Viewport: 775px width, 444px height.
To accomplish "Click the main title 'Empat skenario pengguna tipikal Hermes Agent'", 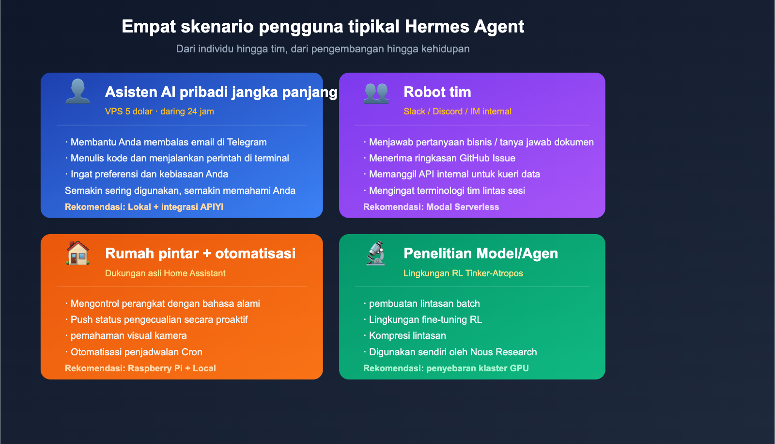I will tap(323, 27).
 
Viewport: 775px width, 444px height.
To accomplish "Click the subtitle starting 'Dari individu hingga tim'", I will tap(323, 49).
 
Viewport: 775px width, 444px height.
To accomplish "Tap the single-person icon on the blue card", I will tap(77, 91).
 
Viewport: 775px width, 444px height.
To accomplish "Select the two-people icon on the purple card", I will tap(376, 92).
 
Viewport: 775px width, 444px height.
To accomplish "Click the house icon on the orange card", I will tap(77, 253).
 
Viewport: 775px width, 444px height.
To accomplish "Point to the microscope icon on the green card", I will tap(376, 253).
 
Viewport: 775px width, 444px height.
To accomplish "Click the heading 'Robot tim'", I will tap(437, 92).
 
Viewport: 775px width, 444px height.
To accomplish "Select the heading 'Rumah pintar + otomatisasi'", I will tap(200, 254).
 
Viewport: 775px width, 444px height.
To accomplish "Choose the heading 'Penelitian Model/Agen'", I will tap(480, 254).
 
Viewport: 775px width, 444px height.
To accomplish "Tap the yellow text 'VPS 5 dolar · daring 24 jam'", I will tap(159, 111).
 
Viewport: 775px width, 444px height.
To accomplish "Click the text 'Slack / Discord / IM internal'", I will tap(457, 111).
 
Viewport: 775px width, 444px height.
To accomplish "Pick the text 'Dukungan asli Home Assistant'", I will tap(165, 273).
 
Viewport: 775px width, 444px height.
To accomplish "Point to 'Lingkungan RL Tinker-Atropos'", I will tap(463, 273).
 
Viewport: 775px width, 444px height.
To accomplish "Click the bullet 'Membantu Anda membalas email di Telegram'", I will tap(168, 142).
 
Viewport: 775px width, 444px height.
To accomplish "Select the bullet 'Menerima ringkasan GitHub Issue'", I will tap(442, 158).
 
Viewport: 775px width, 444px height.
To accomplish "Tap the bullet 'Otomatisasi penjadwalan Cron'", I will tap(136, 352).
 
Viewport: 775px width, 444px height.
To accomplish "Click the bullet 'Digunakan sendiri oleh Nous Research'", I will tap(452, 352).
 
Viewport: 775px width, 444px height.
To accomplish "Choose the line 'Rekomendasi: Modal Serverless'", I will tap(431, 207).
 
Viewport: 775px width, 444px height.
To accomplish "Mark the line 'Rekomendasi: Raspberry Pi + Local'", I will tap(140, 368).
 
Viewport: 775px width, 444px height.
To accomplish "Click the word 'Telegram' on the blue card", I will tap(247, 142).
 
